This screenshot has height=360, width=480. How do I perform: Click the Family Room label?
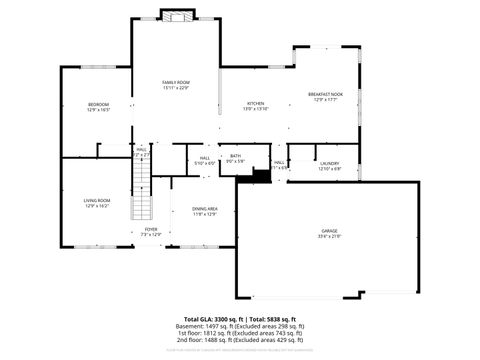click(x=176, y=81)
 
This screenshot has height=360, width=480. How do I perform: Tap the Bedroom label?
click(x=98, y=104)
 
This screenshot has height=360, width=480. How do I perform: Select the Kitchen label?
click(x=255, y=104)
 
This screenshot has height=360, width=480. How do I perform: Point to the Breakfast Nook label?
click(x=331, y=93)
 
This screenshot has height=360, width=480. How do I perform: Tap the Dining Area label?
click(x=205, y=208)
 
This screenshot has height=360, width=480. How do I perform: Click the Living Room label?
click(x=97, y=200)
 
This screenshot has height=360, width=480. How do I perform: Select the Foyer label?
click(x=150, y=229)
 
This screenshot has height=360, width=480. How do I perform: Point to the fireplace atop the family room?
click(x=177, y=16)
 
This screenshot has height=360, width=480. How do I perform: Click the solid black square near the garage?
click(x=261, y=176)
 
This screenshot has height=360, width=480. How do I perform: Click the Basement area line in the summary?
click(x=240, y=325)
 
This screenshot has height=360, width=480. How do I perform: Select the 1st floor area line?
click(x=240, y=332)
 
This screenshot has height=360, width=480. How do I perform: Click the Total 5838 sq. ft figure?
click(x=268, y=317)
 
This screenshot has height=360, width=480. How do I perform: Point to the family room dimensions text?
click(x=176, y=87)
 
